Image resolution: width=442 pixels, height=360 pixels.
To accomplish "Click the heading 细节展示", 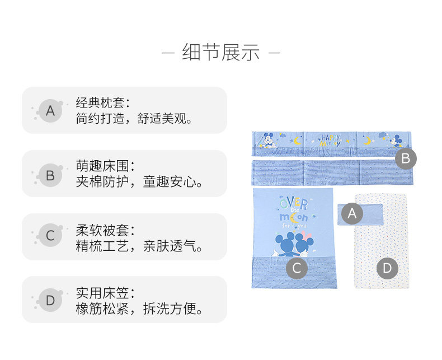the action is point(221,53).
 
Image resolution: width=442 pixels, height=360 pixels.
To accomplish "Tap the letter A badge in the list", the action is point(50,111).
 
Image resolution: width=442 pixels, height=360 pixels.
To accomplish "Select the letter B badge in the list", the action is point(50,176).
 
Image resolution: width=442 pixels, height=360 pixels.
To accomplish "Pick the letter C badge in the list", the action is point(50,236).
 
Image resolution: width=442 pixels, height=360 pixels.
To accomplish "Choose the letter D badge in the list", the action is point(50,301).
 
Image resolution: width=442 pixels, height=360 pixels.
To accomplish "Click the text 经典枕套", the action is point(102,103).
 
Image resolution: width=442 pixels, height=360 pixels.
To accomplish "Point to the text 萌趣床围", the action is point(102,166).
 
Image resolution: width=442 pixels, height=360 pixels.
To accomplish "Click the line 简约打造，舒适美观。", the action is point(135,119).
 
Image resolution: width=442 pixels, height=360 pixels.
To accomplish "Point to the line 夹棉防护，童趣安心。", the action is point(140,183).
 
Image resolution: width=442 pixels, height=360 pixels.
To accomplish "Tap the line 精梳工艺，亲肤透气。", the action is point(140,246).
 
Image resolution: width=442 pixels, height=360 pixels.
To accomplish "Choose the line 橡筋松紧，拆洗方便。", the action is point(140,309).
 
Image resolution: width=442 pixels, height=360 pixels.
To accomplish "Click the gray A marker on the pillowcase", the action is point(352,213).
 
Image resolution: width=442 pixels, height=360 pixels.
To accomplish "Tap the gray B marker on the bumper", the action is point(406,158).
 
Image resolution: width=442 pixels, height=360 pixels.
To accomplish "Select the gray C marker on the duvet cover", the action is point(297,269).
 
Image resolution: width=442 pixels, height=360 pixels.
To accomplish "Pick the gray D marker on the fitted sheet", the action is point(387,269).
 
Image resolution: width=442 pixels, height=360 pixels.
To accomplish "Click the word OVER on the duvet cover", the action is point(293,203).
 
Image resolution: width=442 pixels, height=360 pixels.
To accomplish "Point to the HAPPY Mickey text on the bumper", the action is point(331,141).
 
